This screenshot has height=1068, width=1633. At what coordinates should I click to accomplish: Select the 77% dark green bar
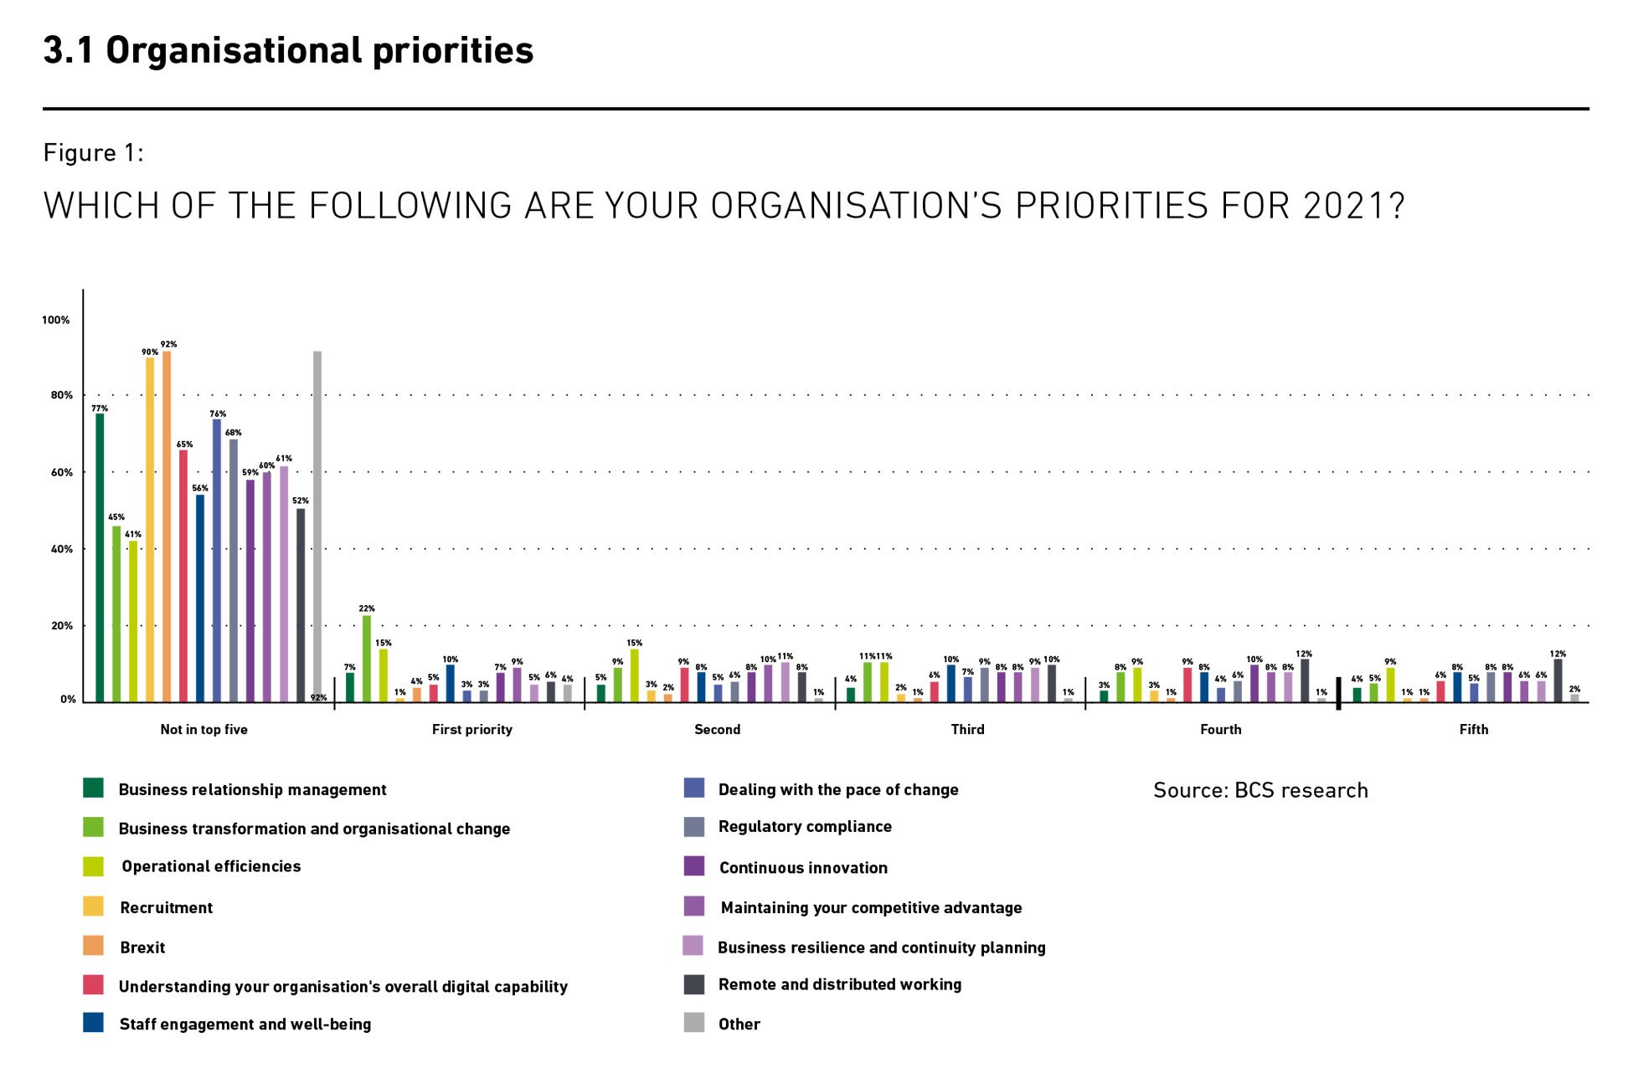tap(100, 557)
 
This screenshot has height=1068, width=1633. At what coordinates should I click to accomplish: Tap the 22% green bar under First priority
tap(367, 658)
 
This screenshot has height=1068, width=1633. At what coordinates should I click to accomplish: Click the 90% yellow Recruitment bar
tap(150, 529)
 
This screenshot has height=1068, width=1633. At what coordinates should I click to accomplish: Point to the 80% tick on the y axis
tap(62, 395)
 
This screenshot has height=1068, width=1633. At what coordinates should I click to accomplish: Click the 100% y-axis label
tap(56, 320)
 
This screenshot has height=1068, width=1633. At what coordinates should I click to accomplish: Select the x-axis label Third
tap(967, 729)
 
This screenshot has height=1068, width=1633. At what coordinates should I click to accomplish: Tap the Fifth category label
tap(1473, 729)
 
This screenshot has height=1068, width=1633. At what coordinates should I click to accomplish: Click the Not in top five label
tap(203, 729)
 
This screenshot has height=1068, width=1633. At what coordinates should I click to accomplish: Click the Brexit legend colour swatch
tap(93, 946)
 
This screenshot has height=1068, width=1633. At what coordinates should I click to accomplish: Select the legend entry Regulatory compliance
tap(804, 827)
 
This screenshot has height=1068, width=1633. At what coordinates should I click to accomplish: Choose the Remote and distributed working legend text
tap(839, 984)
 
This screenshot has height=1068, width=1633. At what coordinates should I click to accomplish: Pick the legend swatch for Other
tap(694, 1023)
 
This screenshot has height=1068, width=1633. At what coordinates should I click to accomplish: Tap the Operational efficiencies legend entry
tap(210, 866)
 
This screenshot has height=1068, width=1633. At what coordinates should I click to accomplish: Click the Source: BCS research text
tap(1260, 790)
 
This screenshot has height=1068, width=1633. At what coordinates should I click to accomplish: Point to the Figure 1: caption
tap(94, 153)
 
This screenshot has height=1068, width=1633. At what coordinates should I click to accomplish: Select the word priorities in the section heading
tap(452, 51)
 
